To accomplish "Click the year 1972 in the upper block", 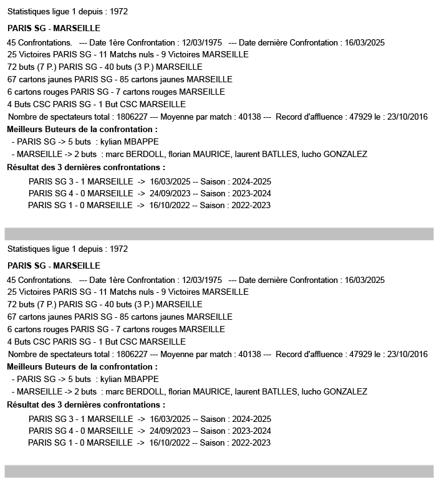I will pyautogui.click(x=118, y=12).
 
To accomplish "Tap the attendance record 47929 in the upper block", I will pyautogui.click(x=361, y=117).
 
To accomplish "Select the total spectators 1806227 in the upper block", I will pyautogui.click(x=132, y=117).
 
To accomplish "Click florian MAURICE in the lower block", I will pyautogui.click(x=200, y=391).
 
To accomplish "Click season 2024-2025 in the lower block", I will pyautogui.click(x=251, y=419).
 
